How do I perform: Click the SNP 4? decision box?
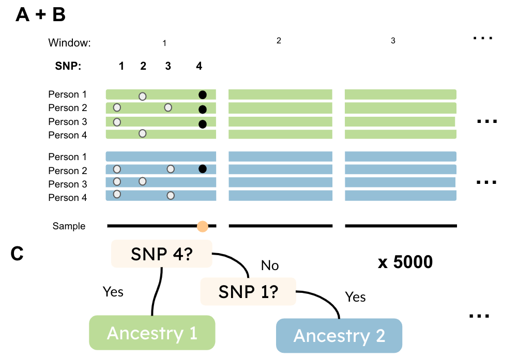click(x=162, y=254)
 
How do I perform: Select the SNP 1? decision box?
click(x=248, y=291)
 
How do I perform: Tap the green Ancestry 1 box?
click(x=152, y=333)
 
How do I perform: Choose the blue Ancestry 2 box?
click(x=339, y=336)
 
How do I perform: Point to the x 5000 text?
click(x=405, y=262)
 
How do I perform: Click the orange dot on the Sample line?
click(x=203, y=226)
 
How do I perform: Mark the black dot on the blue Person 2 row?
click(x=203, y=169)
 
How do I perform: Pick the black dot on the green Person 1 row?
click(x=203, y=95)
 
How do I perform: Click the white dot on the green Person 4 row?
click(x=143, y=134)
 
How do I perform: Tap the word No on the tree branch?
click(x=270, y=265)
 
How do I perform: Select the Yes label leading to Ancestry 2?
click(x=355, y=297)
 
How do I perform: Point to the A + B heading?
click(x=40, y=15)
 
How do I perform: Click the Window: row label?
click(x=69, y=43)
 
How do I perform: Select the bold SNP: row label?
click(x=68, y=66)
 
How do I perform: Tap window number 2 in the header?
click(x=279, y=40)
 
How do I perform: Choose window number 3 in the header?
click(x=393, y=40)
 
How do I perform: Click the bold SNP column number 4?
click(x=199, y=66)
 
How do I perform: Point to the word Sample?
click(x=69, y=226)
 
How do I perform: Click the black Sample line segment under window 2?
click(x=280, y=226)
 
